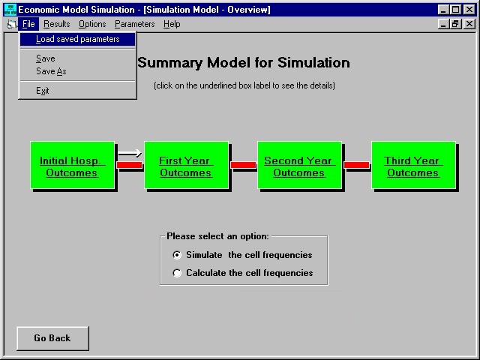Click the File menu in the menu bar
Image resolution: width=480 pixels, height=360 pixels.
click(28, 24)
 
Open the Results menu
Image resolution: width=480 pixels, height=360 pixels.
click(57, 24)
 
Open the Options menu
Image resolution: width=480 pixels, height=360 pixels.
click(92, 24)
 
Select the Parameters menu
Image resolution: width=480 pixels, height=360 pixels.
click(135, 24)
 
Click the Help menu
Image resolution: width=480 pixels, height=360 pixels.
click(172, 24)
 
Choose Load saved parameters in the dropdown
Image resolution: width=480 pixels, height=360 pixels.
click(77, 39)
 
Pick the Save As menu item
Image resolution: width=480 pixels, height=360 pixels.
click(51, 71)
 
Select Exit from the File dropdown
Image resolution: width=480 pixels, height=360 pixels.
click(43, 91)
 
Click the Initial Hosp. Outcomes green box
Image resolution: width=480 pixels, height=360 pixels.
click(73, 165)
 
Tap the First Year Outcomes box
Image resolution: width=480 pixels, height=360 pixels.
click(187, 165)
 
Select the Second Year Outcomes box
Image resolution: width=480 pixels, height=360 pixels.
click(300, 165)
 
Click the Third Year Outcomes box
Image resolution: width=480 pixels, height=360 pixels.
click(413, 165)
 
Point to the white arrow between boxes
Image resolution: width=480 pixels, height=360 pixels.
click(130, 153)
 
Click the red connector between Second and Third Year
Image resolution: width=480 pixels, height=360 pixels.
click(357, 165)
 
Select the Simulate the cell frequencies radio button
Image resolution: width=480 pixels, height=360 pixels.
click(177, 255)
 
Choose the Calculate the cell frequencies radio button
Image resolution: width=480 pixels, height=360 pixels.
click(177, 273)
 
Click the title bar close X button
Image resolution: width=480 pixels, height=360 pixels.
click(469, 10)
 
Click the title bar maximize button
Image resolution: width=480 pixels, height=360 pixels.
click(456, 10)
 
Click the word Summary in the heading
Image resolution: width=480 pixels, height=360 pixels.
click(170, 63)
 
